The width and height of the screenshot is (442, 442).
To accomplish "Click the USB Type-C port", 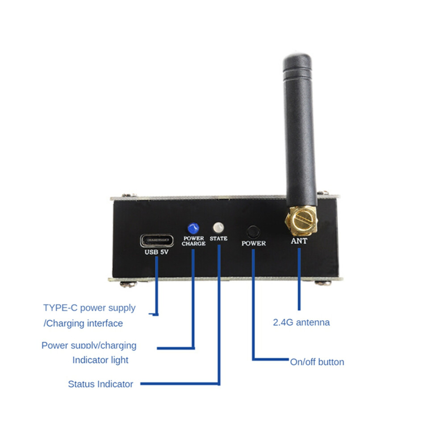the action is [x=157, y=241].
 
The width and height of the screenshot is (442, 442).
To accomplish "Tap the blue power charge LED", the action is [x=193, y=228].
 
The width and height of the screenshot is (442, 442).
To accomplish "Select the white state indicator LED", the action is [x=218, y=227].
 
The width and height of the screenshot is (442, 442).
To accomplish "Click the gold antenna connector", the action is [x=301, y=221].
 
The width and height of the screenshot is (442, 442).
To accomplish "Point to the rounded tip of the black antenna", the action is [x=297, y=56].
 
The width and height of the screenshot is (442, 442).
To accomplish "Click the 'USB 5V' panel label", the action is [x=156, y=252].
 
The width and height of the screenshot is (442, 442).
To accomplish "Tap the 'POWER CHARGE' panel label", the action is [x=194, y=241].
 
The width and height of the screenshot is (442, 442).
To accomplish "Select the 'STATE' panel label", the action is [x=218, y=238].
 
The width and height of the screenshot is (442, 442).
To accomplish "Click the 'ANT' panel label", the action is [x=299, y=241].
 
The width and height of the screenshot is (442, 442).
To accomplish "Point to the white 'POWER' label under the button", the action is [x=254, y=243].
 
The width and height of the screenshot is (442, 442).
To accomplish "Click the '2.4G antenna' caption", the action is [x=301, y=322].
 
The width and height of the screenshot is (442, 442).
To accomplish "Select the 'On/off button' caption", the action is [x=317, y=362].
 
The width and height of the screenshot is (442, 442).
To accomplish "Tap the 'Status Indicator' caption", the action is [x=100, y=384].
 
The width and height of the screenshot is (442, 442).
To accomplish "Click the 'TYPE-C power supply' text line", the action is [x=89, y=308].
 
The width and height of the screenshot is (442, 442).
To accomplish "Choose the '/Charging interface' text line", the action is [x=83, y=323].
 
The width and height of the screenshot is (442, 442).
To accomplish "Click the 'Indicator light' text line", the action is [x=100, y=360].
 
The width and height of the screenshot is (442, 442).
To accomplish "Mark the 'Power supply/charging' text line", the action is [x=89, y=345].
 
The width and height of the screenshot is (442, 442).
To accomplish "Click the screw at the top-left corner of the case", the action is [x=129, y=195].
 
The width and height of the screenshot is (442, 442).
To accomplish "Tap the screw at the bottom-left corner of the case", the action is [x=128, y=284].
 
